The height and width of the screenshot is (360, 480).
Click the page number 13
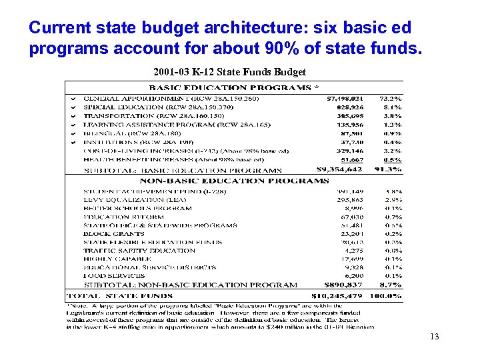tap(435, 337)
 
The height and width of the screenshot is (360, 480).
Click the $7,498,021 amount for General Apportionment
tap(345, 98)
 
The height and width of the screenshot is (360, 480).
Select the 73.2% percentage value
tap(390, 98)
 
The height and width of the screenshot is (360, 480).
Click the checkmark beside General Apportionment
tap(73, 99)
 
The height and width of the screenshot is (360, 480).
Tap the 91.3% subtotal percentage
tap(389, 170)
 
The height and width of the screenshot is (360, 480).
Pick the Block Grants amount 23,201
tap(352, 234)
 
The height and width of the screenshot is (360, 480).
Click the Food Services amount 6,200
tap(355, 275)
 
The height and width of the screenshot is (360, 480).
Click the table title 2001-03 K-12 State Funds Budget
tap(229, 72)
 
